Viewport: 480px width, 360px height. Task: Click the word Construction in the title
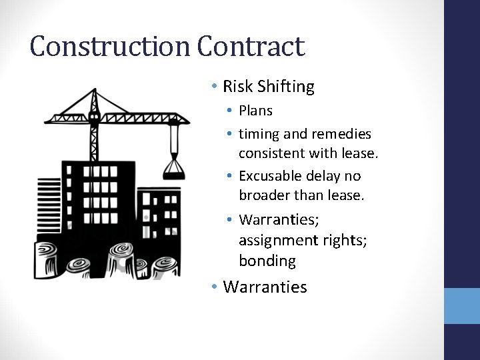[110, 47]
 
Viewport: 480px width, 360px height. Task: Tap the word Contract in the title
[251, 47]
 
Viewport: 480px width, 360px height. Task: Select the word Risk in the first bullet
[238, 87]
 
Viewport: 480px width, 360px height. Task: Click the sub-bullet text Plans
[255, 111]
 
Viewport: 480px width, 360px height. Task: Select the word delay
[326, 176]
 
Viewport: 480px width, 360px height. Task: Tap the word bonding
[267, 260]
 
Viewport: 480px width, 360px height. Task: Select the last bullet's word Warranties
[265, 287]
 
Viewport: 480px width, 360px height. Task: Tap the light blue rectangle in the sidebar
[462, 306]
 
